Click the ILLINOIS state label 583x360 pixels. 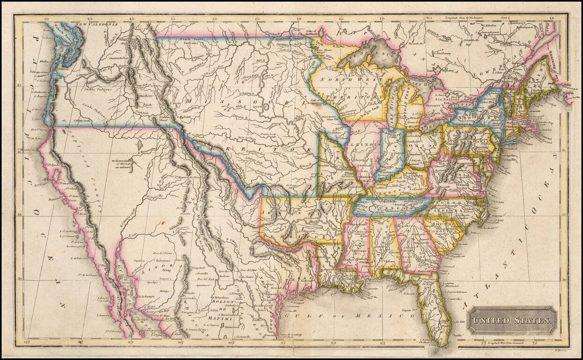click(x=369, y=144)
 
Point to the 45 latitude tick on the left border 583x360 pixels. click(x=19, y=86)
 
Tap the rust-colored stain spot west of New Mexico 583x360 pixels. click(x=162, y=223)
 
